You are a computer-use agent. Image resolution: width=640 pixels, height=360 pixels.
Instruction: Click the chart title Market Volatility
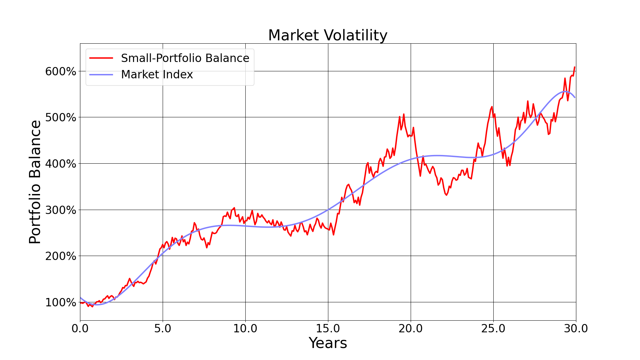328,35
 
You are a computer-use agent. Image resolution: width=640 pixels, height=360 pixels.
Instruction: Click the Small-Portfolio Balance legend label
185,58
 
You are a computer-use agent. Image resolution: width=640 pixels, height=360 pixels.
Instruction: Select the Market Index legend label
157,75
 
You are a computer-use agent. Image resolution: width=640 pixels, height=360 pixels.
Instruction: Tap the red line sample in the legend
101,58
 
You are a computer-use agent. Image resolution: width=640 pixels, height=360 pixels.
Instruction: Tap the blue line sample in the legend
101,75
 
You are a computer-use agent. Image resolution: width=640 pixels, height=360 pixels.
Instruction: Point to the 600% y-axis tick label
61,71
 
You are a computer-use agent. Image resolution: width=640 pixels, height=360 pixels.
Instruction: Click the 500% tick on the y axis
61,118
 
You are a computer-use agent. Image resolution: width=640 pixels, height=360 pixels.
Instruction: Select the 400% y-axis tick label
61,164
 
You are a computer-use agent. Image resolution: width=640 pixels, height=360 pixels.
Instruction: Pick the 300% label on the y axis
61,210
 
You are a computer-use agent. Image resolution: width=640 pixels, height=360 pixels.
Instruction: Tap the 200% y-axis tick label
61,256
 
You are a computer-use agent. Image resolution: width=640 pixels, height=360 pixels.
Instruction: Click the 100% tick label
61,303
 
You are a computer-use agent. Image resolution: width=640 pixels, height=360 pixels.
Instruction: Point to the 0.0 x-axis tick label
80,329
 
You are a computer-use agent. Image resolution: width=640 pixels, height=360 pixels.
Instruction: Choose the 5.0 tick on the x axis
163,329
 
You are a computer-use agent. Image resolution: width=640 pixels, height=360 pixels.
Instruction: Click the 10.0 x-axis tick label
245,329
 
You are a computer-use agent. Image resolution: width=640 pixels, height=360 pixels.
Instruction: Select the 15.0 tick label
328,329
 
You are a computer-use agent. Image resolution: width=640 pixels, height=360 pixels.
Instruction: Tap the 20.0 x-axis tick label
411,329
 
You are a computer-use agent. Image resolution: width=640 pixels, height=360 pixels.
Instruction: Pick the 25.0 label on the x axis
493,329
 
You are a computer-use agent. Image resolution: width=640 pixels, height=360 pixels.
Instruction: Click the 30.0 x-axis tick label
576,329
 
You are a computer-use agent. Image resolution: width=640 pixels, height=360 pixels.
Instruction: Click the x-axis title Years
328,343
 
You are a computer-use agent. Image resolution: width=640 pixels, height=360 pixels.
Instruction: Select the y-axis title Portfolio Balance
35,182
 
